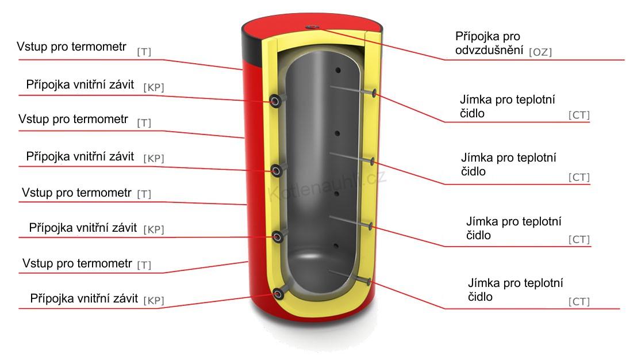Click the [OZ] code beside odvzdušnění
coord(540,52)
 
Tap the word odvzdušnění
coord(489,50)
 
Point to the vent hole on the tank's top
coord(313,26)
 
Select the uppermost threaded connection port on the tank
coord(275,101)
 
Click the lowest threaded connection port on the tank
coord(278,294)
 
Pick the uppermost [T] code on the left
coord(144,52)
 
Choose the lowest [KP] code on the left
coord(153,300)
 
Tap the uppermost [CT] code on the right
coord(579,115)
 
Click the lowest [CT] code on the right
coord(579,301)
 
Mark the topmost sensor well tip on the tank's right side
coord(374,93)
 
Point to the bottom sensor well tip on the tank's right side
coord(369,281)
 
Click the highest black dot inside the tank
coord(338,70)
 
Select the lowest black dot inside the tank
coord(336,246)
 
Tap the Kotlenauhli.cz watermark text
coord(327,186)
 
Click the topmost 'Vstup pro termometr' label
coord(71,47)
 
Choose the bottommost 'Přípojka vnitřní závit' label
coord(84,298)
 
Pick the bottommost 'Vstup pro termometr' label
coord(77,263)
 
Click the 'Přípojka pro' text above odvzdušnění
coord(488,36)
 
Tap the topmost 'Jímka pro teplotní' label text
coord(507,99)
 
